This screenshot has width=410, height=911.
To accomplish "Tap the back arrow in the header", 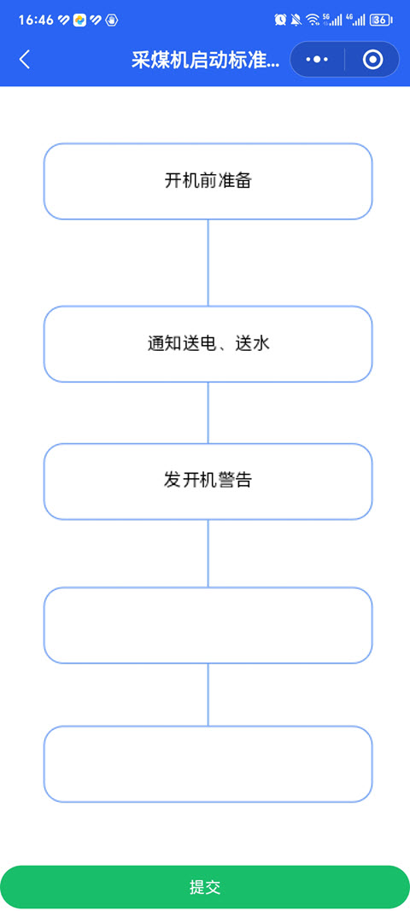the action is (25, 59).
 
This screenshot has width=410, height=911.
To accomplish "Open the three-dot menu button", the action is (317, 59).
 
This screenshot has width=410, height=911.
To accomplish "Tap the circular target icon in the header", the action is (372, 59).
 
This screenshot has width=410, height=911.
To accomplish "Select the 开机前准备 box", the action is (208, 181).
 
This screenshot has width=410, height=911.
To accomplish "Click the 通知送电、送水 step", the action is (208, 344).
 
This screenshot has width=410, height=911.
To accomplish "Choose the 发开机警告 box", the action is (208, 481).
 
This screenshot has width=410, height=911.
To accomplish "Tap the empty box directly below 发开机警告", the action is (208, 625).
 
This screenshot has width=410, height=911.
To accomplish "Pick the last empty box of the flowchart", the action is (208, 764).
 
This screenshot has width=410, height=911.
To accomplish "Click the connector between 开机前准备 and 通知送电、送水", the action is (208, 263).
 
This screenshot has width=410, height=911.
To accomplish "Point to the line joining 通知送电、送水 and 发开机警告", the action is (208, 412).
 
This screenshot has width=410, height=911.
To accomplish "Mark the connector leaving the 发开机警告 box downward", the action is (208, 553).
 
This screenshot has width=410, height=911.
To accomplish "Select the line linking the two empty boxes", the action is (208, 695).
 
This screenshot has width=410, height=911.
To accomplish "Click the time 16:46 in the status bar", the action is (36, 20).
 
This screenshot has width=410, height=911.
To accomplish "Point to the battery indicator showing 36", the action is (381, 20).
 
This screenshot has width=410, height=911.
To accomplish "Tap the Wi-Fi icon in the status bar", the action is (313, 20).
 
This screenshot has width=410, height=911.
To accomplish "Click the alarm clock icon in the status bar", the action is (280, 20).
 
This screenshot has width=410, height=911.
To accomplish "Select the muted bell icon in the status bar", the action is (296, 20).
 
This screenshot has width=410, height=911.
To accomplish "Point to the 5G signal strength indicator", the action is (332, 20).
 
